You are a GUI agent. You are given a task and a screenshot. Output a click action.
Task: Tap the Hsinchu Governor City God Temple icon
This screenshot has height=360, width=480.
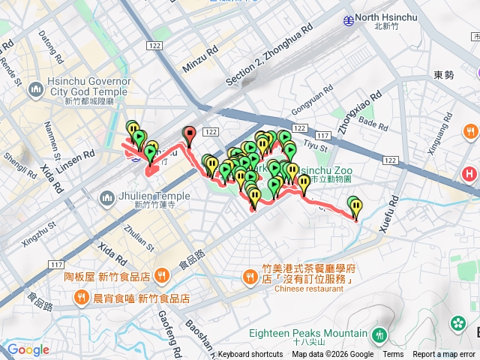point(35,91)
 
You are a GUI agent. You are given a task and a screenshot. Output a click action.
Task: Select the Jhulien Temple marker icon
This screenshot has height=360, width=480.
point(105,199)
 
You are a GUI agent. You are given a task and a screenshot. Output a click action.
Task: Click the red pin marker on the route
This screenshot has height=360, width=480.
point(189,136)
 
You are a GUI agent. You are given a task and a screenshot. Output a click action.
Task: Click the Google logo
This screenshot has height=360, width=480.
point(28,349)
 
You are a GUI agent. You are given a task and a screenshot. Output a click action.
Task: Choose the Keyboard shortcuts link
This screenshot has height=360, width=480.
point(250,355)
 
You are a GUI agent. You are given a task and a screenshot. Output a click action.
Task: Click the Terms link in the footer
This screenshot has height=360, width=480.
point(393,355)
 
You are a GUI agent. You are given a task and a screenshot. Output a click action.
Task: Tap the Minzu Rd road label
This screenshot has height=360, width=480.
point(199,60)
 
